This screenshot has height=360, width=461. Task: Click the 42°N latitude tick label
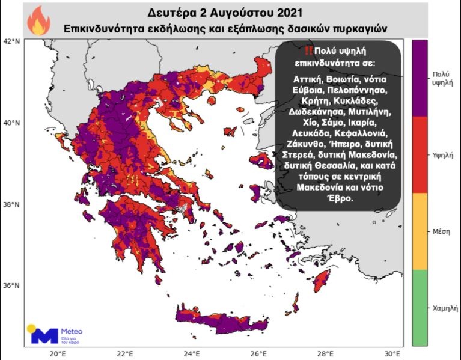11,41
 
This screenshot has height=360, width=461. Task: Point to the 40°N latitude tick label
11,123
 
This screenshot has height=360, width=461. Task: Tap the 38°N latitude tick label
11,204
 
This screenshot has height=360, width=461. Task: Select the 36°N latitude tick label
11,285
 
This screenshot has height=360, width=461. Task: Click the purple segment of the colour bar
420,78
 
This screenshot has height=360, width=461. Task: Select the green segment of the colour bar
420,307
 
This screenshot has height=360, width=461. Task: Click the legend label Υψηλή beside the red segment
442,154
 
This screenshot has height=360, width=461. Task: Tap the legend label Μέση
442,231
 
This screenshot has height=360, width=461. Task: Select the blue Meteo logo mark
42,334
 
